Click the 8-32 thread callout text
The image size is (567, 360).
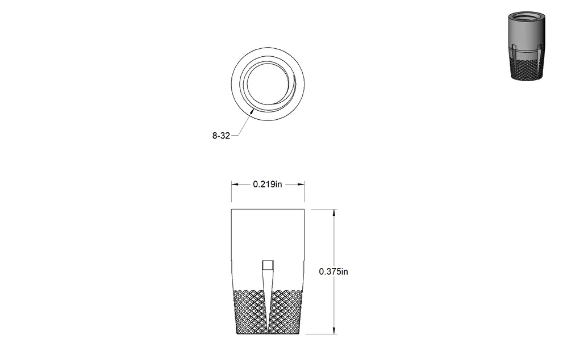221,136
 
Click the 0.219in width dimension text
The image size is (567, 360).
267,185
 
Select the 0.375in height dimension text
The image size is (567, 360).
333,271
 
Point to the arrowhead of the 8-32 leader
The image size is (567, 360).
252,111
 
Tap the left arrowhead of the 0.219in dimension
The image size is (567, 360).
235,185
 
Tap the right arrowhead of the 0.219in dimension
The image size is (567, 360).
301,185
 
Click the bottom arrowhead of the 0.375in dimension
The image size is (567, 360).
333,330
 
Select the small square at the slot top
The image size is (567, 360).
268,265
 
